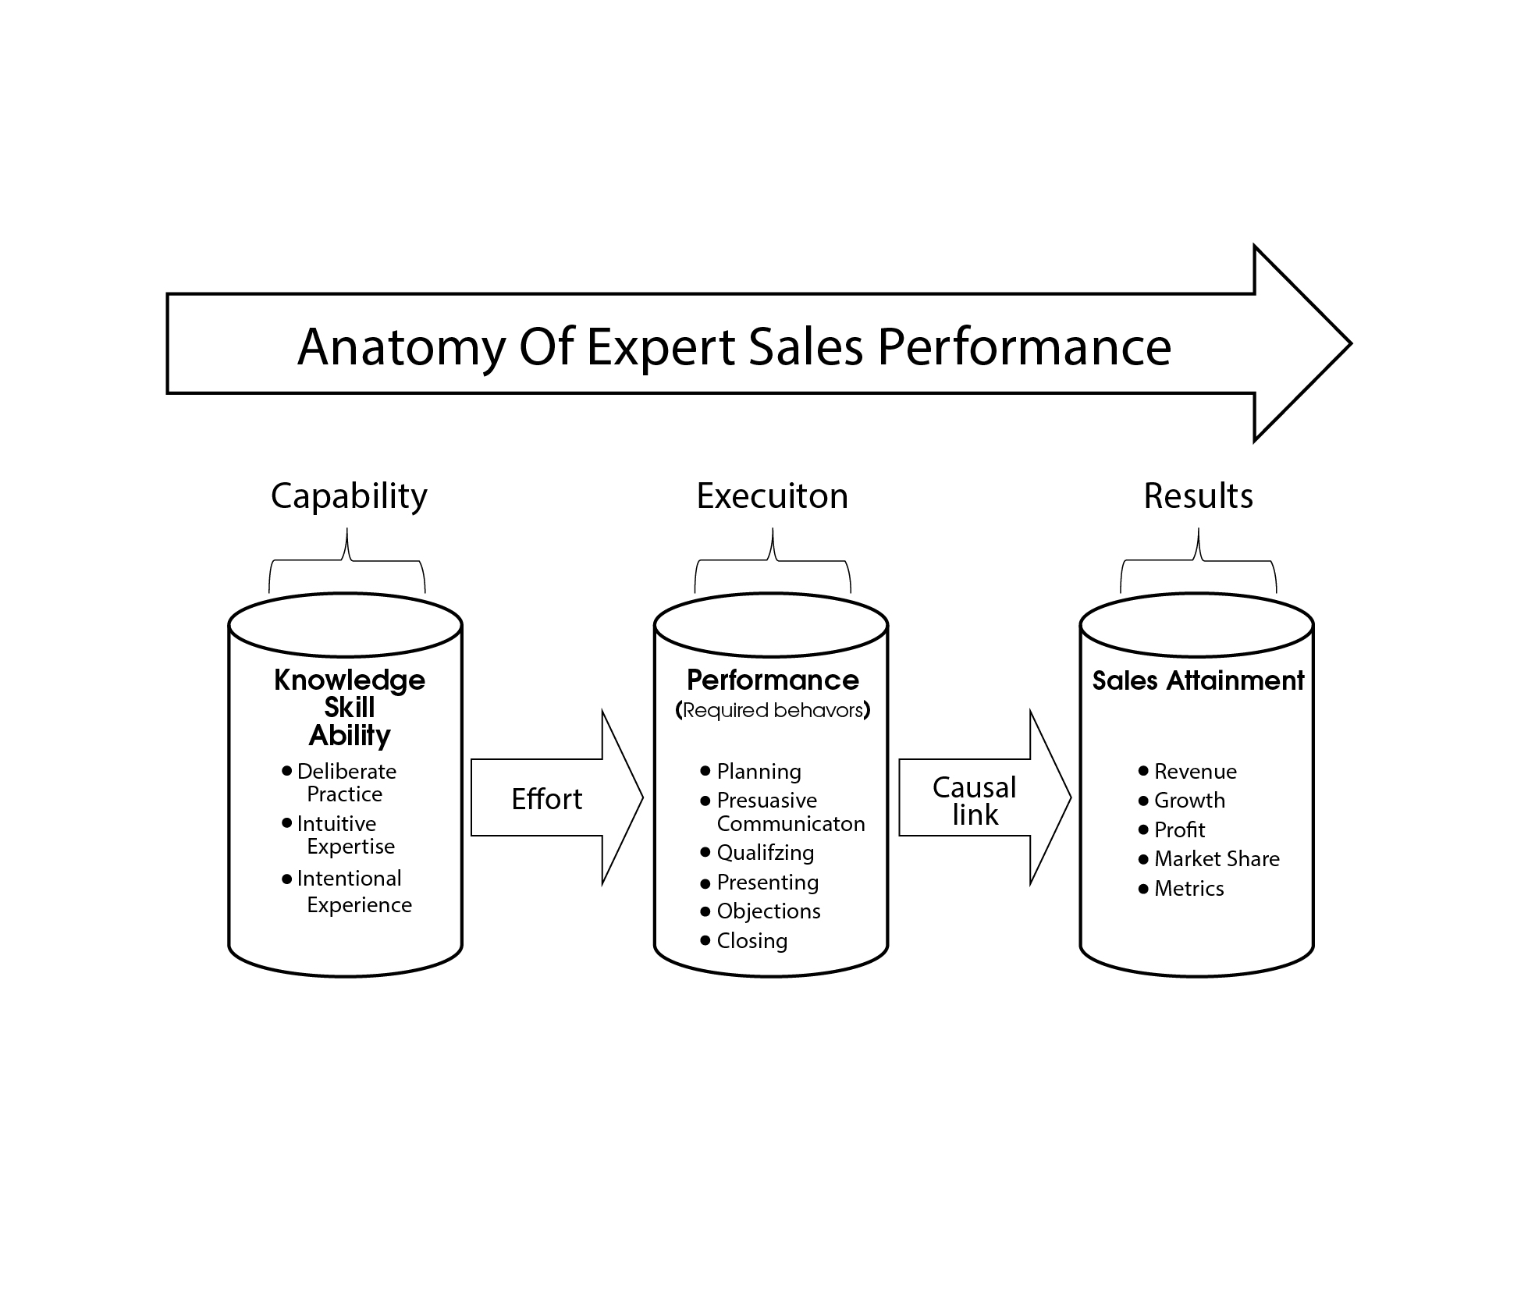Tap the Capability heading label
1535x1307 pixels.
349,496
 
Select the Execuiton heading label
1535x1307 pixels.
772,496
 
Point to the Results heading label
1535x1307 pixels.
1198,496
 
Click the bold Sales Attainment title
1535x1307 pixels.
1198,680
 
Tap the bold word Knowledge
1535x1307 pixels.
350,680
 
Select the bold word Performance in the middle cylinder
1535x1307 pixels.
773,680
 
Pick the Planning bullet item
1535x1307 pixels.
759,772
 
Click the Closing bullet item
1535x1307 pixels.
752,941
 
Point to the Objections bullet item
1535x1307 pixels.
768,911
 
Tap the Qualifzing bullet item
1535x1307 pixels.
765,853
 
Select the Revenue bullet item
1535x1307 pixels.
1195,772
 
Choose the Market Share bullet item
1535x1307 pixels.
1217,859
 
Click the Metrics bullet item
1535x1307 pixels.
1189,889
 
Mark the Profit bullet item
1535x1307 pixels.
1179,830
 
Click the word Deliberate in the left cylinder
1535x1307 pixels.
346,772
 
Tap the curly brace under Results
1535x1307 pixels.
1198,560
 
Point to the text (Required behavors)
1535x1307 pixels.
773,710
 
